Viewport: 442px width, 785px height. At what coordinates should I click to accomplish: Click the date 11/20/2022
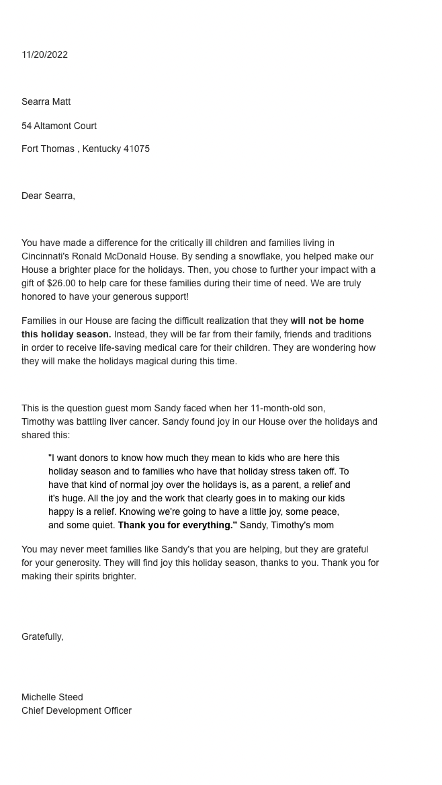44,54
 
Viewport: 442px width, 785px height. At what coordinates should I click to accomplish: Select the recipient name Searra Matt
46,101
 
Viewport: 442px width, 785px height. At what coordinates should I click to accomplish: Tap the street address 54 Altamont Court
59,126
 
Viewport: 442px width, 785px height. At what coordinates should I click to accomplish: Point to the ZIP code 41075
136,149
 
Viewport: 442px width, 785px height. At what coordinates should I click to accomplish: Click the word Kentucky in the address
101,149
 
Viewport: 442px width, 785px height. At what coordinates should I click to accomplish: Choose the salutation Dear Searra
48,196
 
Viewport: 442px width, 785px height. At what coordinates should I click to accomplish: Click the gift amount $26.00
62,283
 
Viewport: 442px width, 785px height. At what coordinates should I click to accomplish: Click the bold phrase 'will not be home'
327,321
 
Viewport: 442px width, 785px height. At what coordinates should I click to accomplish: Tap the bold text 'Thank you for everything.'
177,525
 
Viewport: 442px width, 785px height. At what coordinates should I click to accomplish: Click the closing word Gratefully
42,636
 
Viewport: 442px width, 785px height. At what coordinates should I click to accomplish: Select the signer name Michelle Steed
52,697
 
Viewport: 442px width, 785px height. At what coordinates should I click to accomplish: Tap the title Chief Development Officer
77,710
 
